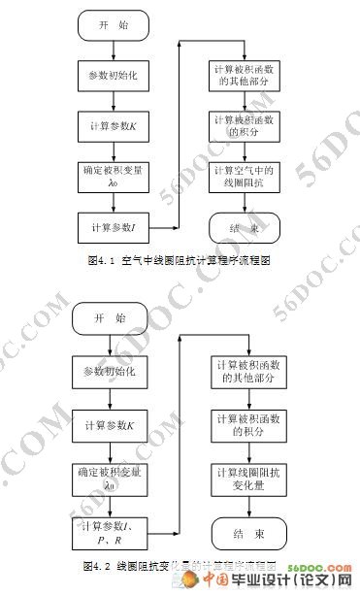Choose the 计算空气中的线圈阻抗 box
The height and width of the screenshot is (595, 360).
[x=243, y=176]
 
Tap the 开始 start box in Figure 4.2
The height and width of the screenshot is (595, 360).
[x=111, y=318]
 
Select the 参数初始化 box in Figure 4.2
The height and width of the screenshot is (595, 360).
[x=111, y=373]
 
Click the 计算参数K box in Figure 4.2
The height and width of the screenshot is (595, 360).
[x=111, y=426]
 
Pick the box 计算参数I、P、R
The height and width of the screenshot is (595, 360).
[x=111, y=533]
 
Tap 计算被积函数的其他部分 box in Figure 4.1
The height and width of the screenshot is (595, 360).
[x=243, y=77]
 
